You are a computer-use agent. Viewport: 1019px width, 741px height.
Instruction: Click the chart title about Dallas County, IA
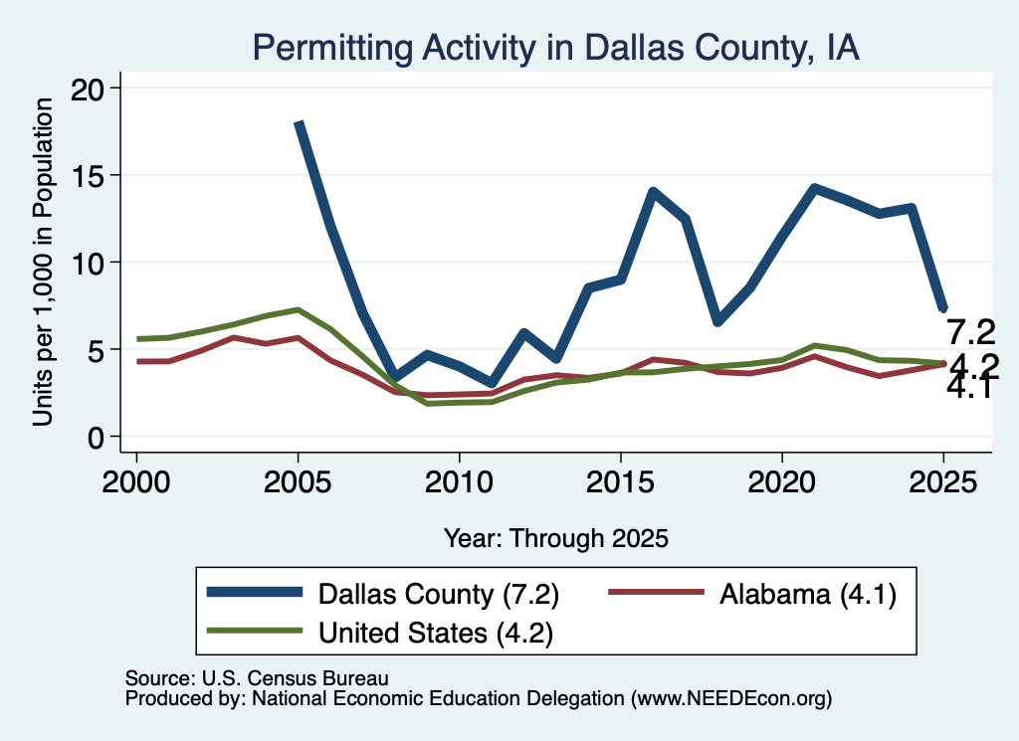pyautogui.click(x=555, y=49)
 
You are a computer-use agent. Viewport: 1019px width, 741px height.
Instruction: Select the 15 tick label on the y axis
pyautogui.click(x=87, y=176)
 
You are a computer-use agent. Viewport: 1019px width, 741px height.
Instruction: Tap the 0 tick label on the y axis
pyautogui.click(x=96, y=438)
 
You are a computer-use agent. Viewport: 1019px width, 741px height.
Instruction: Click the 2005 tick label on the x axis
pyautogui.click(x=298, y=482)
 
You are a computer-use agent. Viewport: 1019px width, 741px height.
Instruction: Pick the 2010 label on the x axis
pyautogui.click(x=459, y=482)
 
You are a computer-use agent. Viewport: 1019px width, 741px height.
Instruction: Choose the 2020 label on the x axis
pyautogui.click(x=782, y=482)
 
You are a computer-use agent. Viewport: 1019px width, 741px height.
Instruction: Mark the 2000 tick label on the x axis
pyautogui.click(x=136, y=482)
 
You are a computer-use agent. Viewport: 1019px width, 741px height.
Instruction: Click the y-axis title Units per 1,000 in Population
pyautogui.click(x=43, y=262)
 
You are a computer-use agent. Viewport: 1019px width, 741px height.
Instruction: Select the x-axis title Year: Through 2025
pyautogui.click(x=556, y=538)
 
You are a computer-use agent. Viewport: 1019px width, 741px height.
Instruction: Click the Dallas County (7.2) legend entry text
pyautogui.click(x=439, y=594)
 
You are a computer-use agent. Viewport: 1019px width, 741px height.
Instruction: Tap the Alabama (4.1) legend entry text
pyautogui.click(x=808, y=594)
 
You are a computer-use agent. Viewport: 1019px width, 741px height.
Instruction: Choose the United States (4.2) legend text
pyautogui.click(x=436, y=633)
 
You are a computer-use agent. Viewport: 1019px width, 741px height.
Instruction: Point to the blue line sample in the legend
pyautogui.click(x=255, y=592)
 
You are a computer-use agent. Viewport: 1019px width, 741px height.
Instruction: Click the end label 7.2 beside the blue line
pyautogui.click(x=971, y=332)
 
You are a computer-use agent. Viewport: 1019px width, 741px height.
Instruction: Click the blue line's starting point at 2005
pyautogui.click(x=299, y=122)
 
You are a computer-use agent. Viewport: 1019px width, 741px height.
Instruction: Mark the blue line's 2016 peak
pyautogui.click(x=653, y=192)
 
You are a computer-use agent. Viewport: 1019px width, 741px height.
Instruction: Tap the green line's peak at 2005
pyautogui.click(x=298, y=309)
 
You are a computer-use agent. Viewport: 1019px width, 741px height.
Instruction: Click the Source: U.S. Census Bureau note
pyautogui.click(x=257, y=678)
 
